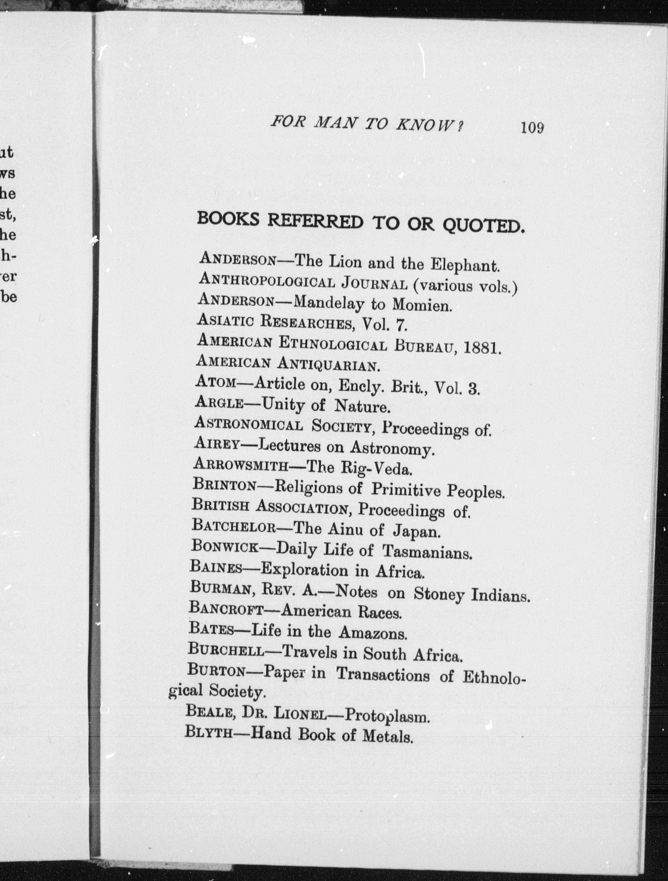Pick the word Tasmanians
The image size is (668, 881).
pos(427,552)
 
